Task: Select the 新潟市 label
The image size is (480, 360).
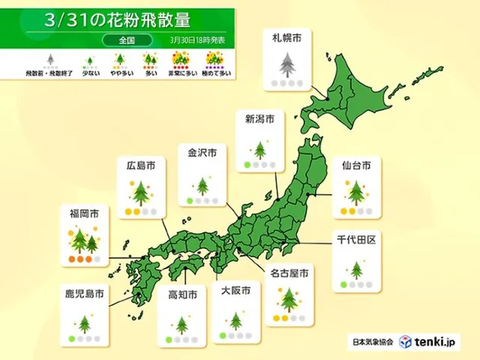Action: (259, 118)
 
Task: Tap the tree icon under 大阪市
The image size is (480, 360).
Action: (235, 321)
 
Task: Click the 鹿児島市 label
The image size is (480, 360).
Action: (83, 293)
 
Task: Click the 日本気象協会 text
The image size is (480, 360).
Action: (372, 342)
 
